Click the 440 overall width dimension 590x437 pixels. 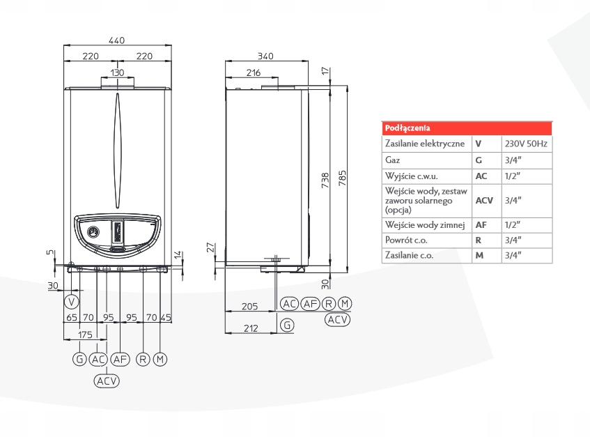pos(117,41)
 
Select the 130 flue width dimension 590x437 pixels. pos(117,72)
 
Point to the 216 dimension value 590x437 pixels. pos(254,72)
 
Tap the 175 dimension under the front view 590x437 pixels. pos(85,335)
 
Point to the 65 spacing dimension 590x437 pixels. pos(71,318)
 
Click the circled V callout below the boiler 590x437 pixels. pos(70,302)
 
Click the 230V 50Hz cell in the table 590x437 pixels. pos(526,144)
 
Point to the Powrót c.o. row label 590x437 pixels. pos(405,240)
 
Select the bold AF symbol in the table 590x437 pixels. pos(481,225)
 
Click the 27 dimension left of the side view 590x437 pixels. pos(214,247)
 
